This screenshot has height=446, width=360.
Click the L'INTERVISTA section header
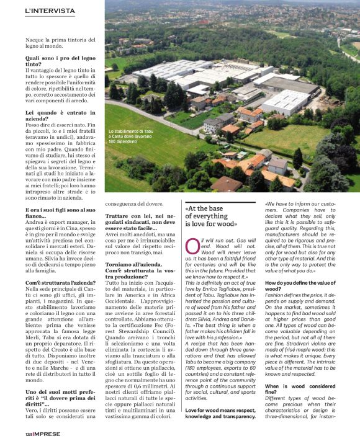[x=50, y=11]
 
